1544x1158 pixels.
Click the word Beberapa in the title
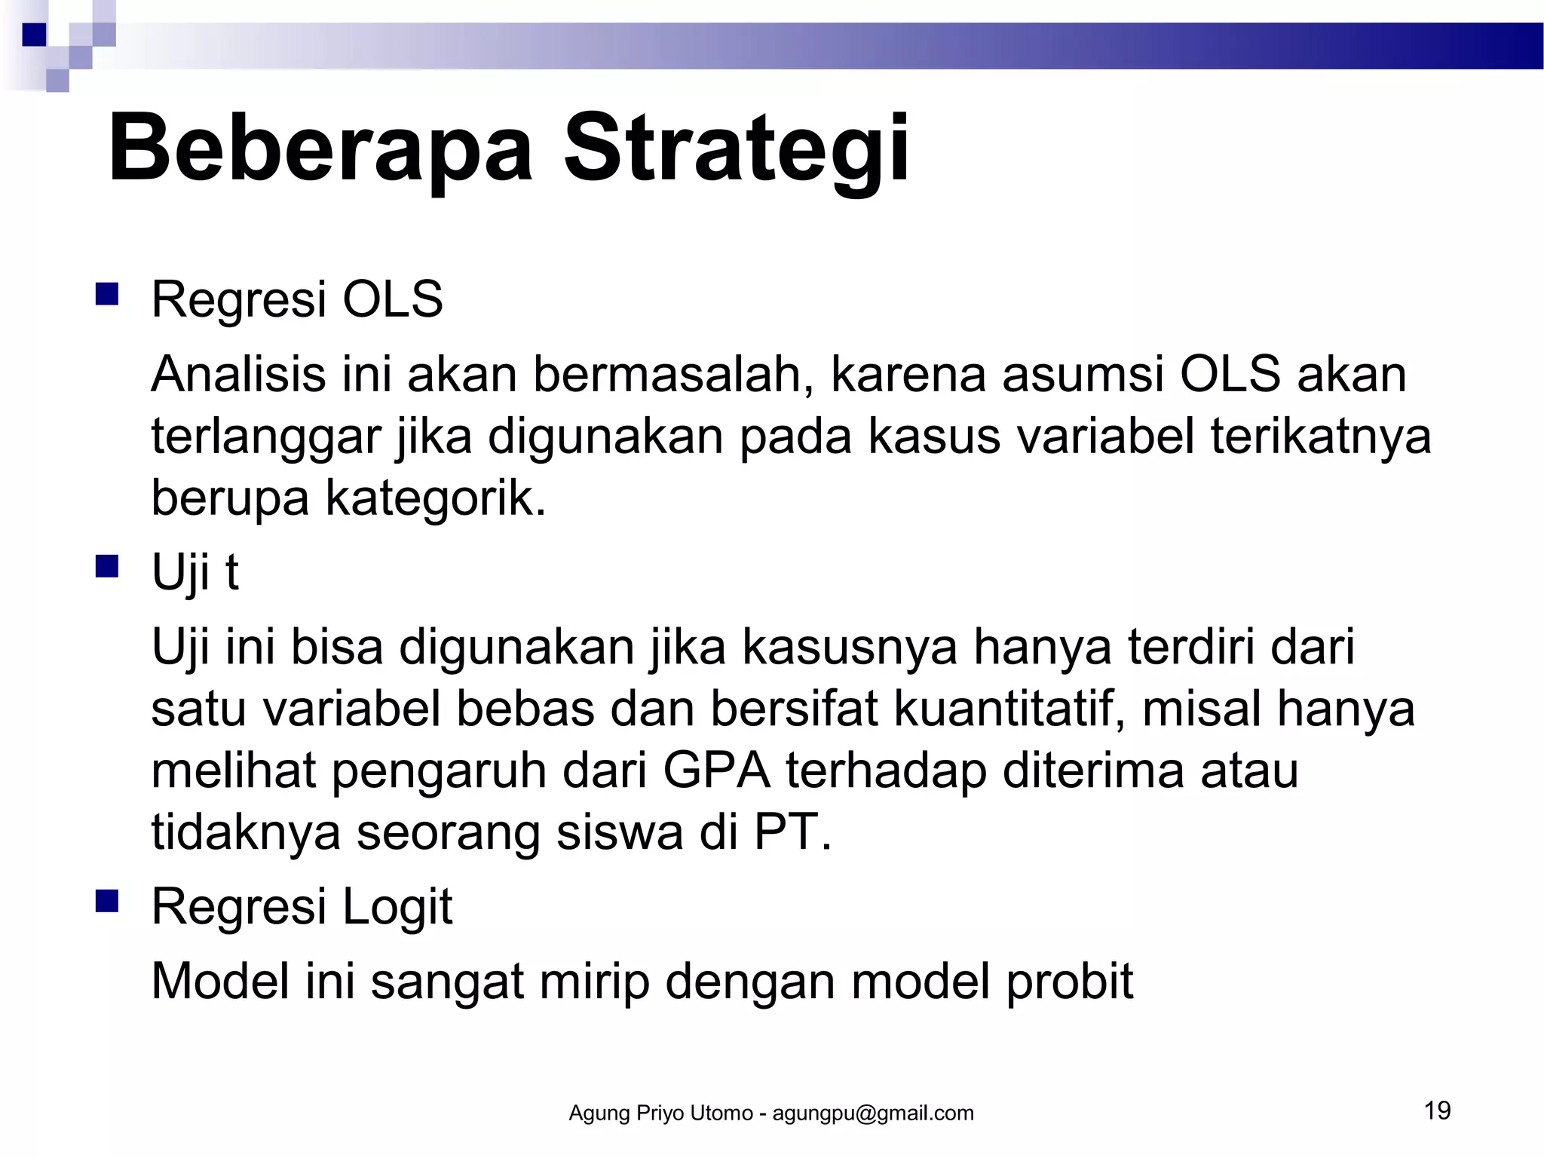pos(320,149)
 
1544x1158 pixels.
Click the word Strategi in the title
pos(736,149)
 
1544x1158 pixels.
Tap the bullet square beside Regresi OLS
pos(107,294)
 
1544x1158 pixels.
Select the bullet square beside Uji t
pos(107,566)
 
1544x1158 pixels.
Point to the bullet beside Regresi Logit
pos(107,901)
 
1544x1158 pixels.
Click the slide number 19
pos(1438,1111)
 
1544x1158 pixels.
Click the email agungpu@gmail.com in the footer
pos(873,1114)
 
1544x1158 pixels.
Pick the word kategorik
pos(435,498)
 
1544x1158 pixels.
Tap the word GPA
pos(716,771)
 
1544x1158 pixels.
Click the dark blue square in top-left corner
pos(34,35)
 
